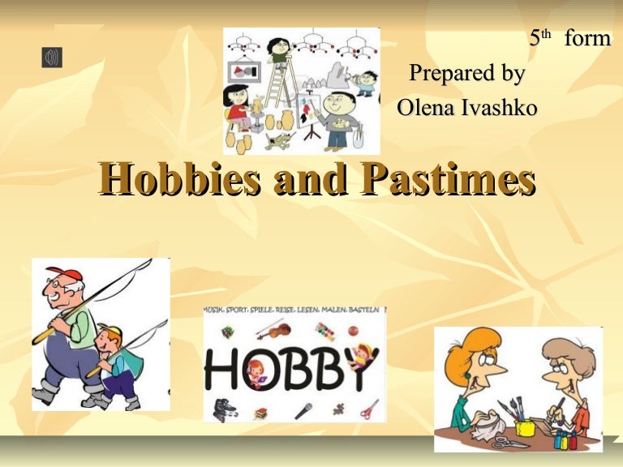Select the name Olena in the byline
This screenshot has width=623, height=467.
point(427,107)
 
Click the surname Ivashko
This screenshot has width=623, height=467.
point(500,107)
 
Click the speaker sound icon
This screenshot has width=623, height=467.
point(52,58)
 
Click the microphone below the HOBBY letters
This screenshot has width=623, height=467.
point(303,409)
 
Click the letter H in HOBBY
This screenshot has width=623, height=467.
point(221,370)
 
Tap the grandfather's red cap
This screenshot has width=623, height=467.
point(65,275)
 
